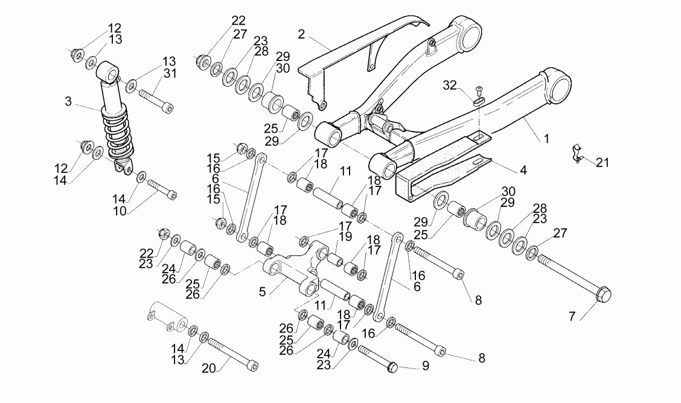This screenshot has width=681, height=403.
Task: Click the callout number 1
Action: [546, 139]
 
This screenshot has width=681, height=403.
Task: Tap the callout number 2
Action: [301, 33]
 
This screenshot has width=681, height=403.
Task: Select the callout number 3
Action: [69, 101]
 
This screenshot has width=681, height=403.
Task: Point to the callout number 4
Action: [523, 170]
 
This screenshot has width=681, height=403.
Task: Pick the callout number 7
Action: [571, 316]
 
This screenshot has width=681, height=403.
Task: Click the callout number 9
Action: [426, 366]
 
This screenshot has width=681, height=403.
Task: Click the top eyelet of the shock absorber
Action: [107, 70]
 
